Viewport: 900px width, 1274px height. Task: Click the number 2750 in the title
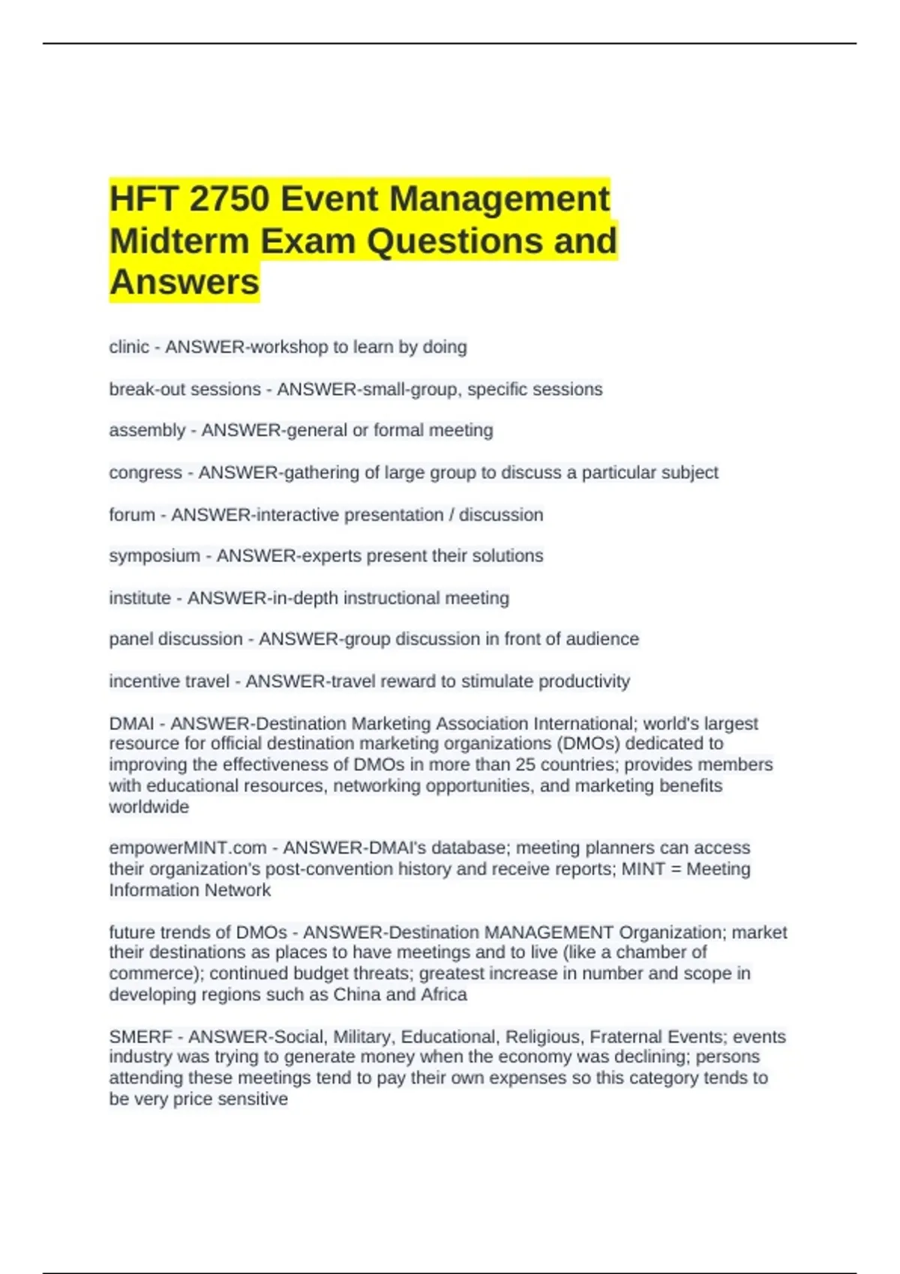(x=229, y=199)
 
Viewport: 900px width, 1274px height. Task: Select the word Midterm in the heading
(x=179, y=241)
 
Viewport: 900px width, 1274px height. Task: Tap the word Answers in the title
(x=184, y=283)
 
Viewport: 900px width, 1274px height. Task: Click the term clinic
(x=129, y=347)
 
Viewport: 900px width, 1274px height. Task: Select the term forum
(x=132, y=515)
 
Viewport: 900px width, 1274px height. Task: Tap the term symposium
(x=154, y=556)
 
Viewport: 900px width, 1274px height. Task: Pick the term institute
(x=140, y=598)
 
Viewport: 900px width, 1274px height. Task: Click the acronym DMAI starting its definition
(x=131, y=724)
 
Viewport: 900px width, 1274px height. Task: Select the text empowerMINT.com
(x=187, y=848)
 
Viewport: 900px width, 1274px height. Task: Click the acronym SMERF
(x=141, y=1036)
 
